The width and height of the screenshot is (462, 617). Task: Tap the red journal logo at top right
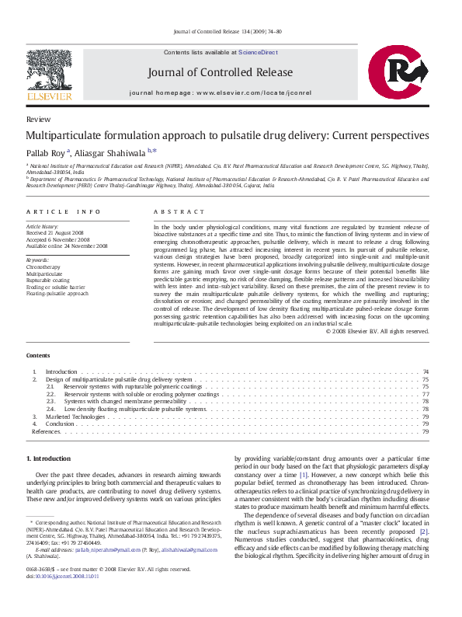pos(398,74)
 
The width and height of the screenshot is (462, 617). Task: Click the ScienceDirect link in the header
pos(258,52)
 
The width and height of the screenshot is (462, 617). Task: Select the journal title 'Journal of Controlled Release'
pos(221,72)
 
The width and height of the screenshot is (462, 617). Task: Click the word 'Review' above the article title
pos(38,120)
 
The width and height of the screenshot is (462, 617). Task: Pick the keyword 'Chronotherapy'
pos(43,267)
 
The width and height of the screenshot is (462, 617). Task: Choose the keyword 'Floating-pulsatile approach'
pos(57,295)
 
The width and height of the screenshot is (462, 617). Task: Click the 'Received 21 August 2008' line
pos(57,232)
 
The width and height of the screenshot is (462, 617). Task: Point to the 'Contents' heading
pos(38,355)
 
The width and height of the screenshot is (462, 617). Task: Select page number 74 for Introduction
pos(426,372)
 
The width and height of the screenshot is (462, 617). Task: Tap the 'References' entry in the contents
pos(46,431)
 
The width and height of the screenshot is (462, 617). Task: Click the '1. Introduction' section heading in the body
pos(48,459)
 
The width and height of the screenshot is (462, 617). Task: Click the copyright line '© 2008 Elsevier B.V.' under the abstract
pos(377,331)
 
